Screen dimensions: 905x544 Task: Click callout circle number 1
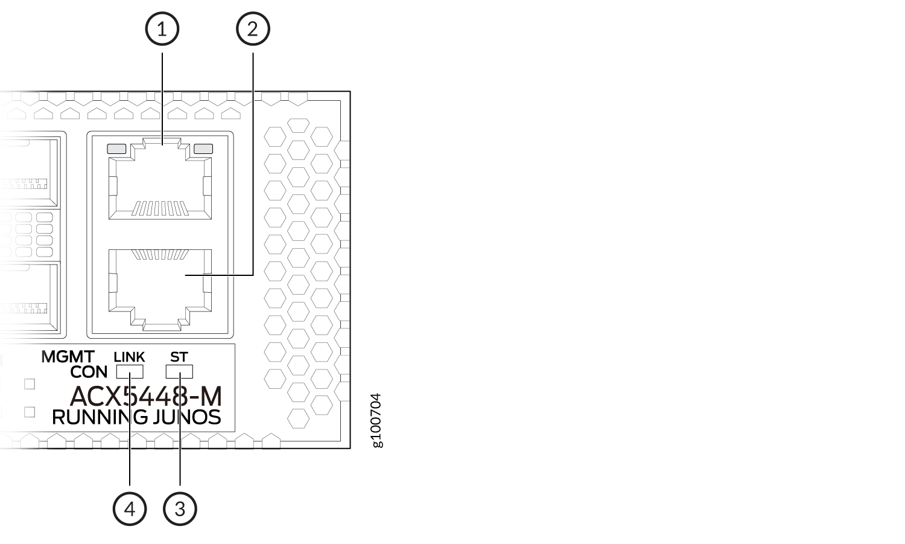[162, 29]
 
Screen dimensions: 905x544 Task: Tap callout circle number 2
[253, 29]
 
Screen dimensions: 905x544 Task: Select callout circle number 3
[180, 509]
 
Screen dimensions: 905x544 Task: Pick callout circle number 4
[130, 509]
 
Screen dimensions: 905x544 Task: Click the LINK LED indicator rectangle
[130, 371]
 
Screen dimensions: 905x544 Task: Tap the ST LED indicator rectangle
[179, 371]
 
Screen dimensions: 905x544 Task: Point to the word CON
[89, 372]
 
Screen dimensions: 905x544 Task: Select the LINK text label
[129, 357]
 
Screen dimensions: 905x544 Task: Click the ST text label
[179, 357]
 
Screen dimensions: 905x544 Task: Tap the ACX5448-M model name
[146, 396]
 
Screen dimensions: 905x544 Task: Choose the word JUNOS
[187, 417]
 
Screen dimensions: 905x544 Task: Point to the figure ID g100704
[376, 420]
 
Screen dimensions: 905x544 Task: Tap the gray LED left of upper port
[116, 149]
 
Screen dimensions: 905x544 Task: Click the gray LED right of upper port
[203, 149]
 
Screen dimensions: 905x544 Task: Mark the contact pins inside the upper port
[160, 208]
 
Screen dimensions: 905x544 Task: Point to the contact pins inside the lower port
[160, 254]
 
